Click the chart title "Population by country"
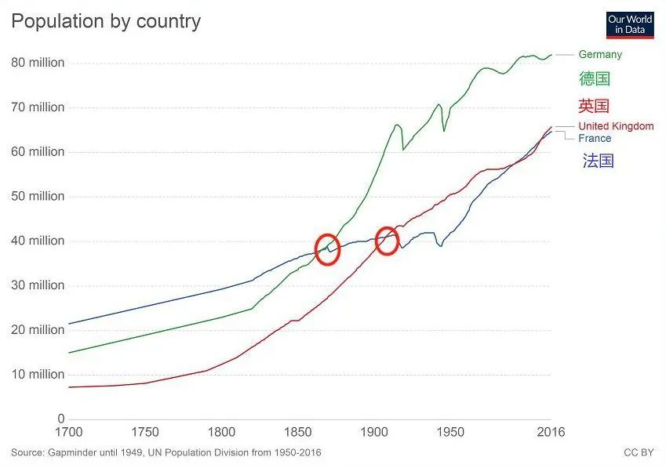tap(106, 21)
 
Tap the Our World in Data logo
tap(630, 24)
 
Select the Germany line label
tap(600, 54)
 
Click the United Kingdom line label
tap(616, 126)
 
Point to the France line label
tap(595, 139)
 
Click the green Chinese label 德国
tap(595, 78)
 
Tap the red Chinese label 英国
tap(594, 106)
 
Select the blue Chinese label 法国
tap(598, 161)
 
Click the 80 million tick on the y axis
tap(38, 63)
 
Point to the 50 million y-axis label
tap(38, 196)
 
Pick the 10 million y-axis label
tap(38, 375)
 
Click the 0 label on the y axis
tap(60, 419)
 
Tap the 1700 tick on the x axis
tap(69, 433)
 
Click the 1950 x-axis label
tap(450, 433)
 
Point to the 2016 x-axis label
tap(550, 433)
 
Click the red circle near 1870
tap(327, 249)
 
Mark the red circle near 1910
tap(387, 241)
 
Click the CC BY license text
tap(639, 453)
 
